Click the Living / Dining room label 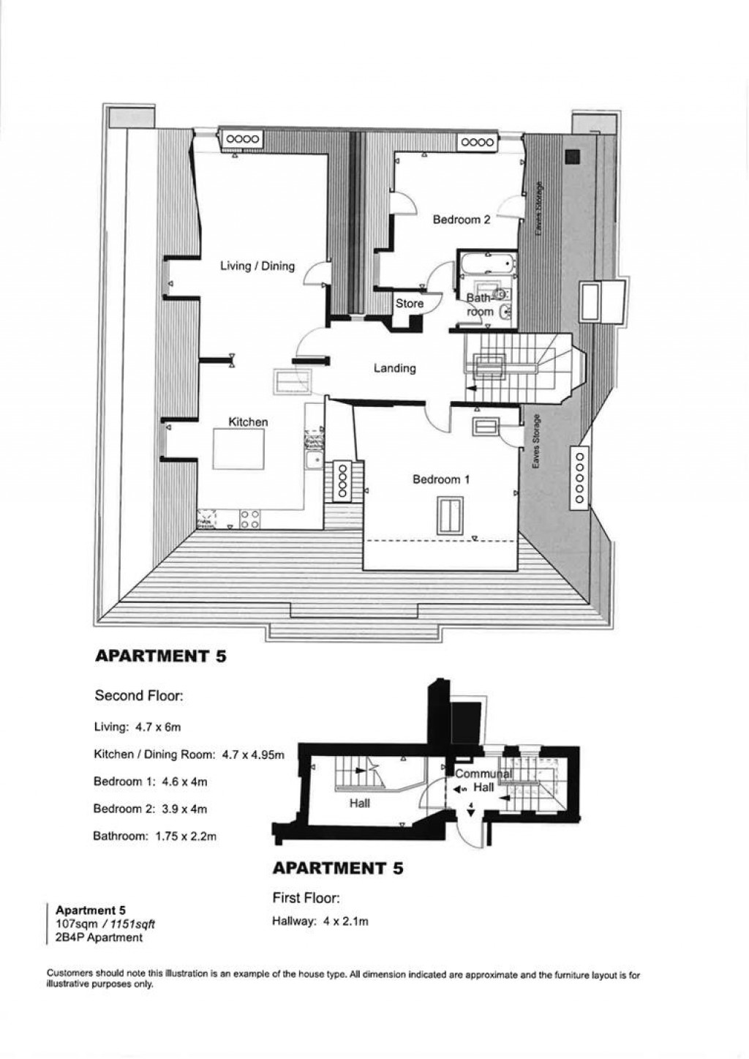coord(257,266)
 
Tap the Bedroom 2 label coord(461,219)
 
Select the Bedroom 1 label coord(440,479)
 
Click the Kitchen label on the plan coord(248,422)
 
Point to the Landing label coord(394,368)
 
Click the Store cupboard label coord(410,303)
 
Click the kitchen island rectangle coord(239,449)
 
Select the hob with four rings coord(249,519)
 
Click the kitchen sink coord(314,461)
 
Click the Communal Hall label coord(483,780)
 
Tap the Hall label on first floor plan coord(359,803)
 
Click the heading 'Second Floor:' coord(139,695)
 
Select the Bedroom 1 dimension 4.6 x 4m coord(150,782)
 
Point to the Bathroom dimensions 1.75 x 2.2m coord(154,835)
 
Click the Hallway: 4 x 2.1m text coord(320,921)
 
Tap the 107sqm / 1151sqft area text coord(105,924)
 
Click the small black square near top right coord(571,156)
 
